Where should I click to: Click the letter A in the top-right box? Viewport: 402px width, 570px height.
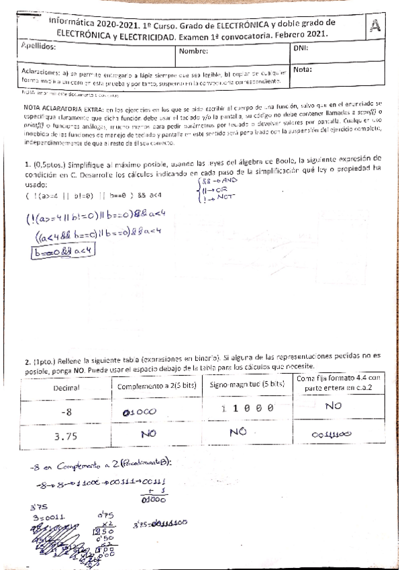(376, 26)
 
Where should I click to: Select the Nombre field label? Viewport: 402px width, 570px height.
(194, 50)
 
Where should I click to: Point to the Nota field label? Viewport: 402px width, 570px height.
(303, 69)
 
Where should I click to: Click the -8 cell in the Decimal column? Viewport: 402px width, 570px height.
(66, 411)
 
